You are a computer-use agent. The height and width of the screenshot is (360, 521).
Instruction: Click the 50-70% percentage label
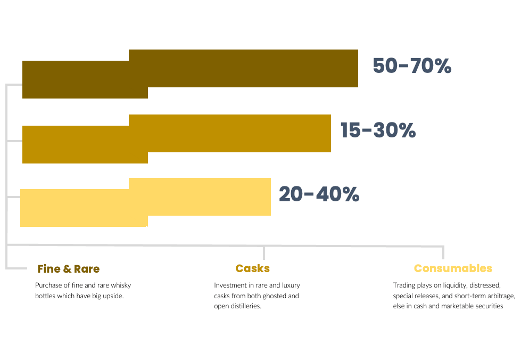coord(412,66)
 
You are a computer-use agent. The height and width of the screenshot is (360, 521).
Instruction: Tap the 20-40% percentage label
coord(319,194)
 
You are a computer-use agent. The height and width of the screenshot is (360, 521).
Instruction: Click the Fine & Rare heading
coord(69,268)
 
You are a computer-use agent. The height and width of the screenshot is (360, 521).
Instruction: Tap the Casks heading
coord(253,268)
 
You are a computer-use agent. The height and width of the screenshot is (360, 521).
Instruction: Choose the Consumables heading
coord(453,268)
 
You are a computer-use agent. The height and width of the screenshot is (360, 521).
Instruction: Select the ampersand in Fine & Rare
coord(67,269)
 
